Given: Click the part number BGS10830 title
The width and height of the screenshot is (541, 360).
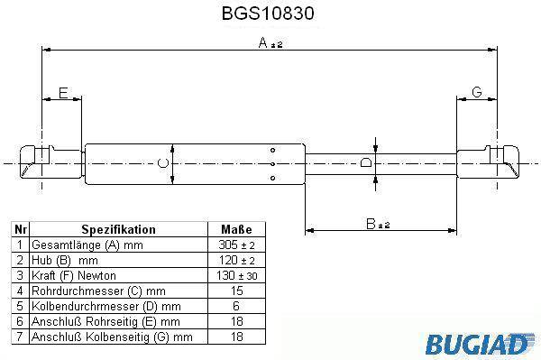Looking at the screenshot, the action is click(x=268, y=14).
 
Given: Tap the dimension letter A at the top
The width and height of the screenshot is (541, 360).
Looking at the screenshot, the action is click(x=263, y=42).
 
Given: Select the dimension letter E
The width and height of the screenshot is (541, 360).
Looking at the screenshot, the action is click(x=63, y=93).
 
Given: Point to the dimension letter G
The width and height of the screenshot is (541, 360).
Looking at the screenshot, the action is click(x=476, y=92).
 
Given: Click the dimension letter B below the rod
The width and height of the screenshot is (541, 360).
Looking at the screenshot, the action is click(x=371, y=224).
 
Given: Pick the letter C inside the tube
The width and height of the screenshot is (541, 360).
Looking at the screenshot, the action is click(x=163, y=163).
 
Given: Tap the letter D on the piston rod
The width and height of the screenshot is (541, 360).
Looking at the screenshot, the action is click(x=366, y=162).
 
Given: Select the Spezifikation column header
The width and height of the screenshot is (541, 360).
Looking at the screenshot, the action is click(x=118, y=229).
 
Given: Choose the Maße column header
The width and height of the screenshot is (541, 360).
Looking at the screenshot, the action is click(x=236, y=229).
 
